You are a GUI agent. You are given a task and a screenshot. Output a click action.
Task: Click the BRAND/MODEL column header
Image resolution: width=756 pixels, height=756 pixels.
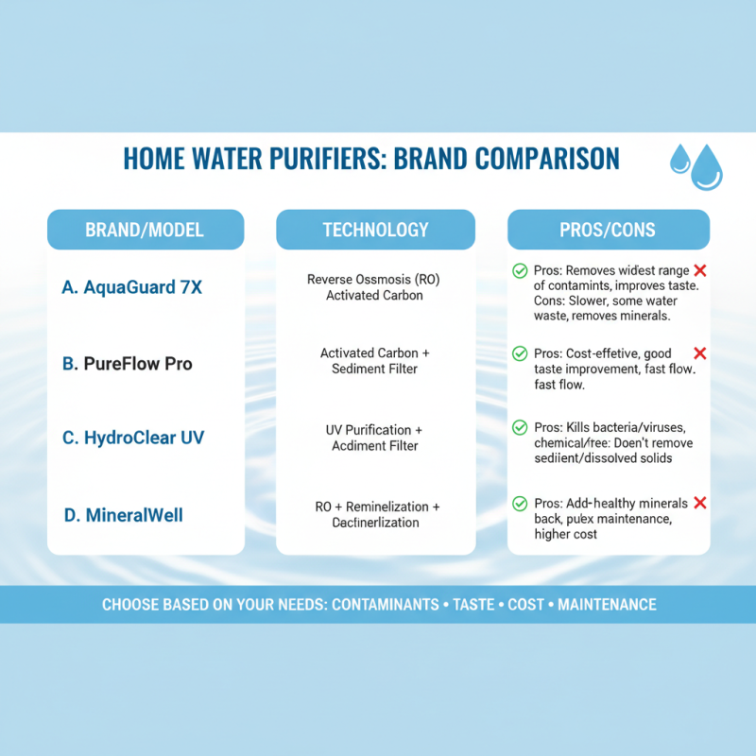[x=145, y=230]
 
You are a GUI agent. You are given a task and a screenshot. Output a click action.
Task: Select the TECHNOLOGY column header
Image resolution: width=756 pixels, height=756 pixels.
[x=375, y=230]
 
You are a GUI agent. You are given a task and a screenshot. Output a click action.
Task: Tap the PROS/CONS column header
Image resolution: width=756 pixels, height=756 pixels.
[x=608, y=230]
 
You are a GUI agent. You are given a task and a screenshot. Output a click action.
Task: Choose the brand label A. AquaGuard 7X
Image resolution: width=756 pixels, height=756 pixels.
[x=131, y=287]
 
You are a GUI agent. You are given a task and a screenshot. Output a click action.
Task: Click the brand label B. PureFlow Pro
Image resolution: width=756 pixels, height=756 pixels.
[x=127, y=363]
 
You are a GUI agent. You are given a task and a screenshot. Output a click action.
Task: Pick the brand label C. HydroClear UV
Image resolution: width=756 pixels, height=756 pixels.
[x=132, y=438]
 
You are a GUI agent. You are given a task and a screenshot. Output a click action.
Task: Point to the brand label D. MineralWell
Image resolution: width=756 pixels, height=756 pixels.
[x=122, y=515]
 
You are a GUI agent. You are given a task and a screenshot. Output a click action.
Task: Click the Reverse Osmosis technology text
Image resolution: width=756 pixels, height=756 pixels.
[x=374, y=287]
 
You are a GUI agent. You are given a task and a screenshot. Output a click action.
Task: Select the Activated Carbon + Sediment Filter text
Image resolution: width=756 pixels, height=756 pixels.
[x=374, y=360]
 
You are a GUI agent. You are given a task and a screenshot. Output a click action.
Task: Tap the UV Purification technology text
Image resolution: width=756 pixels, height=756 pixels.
[x=374, y=438]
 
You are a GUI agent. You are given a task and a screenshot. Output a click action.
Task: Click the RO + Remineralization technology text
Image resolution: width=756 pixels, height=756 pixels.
[x=374, y=514]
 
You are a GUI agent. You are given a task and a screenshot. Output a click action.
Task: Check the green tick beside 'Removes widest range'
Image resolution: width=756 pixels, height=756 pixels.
[x=520, y=271]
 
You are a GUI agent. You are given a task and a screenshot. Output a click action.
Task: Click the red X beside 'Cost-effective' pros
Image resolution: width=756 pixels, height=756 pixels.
[x=700, y=353]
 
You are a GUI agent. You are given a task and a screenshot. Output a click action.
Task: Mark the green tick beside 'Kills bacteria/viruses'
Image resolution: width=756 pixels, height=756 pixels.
[x=520, y=428]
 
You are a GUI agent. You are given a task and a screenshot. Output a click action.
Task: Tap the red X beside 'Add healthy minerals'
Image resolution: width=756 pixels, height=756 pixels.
[x=700, y=504]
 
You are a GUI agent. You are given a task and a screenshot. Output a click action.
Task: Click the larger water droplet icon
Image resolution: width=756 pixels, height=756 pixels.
[x=706, y=169]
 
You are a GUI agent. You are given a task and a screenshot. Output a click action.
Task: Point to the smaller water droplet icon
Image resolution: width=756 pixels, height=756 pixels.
[x=679, y=160]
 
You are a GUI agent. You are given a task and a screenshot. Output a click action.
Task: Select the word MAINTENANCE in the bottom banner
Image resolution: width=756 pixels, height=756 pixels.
[x=607, y=604]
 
